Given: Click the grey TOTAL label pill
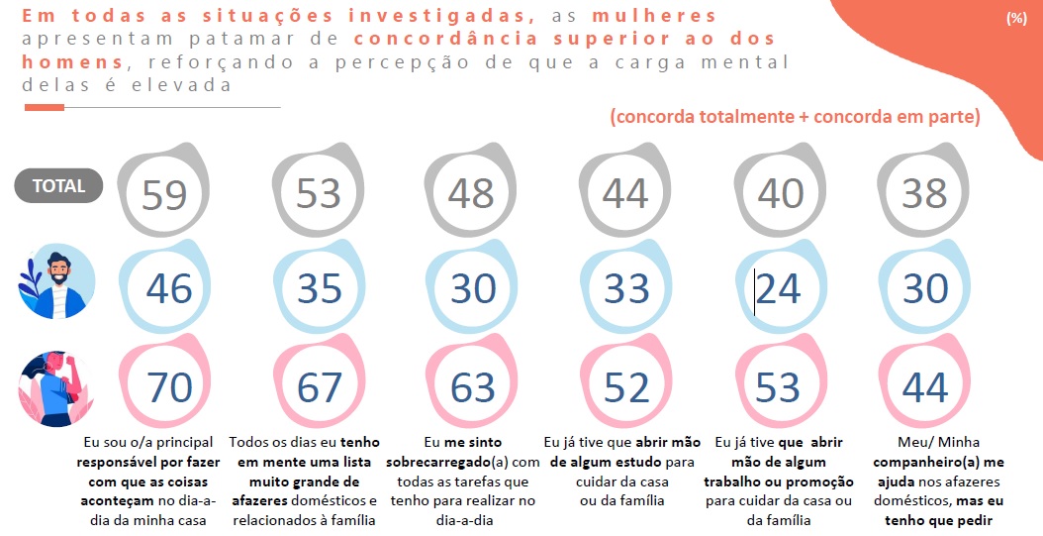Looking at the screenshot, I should (x=58, y=185).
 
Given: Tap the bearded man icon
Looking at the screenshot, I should (x=56, y=281).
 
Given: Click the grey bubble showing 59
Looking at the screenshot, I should (x=164, y=194).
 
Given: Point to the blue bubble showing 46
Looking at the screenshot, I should (x=167, y=288).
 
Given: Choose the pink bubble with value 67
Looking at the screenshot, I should (x=319, y=387).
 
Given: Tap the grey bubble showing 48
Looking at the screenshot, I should (x=471, y=194).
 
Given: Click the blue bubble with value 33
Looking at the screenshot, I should (x=625, y=288).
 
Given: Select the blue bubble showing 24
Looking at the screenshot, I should (x=778, y=288).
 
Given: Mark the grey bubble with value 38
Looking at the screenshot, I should (x=925, y=194).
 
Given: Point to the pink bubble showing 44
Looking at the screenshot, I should (x=925, y=387).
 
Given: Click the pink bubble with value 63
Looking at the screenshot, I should (x=472, y=387).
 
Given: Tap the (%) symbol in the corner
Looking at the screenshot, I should (x=1015, y=19).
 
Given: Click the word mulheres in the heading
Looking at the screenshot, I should (x=668, y=17).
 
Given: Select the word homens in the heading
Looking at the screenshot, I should (x=71, y=62).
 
